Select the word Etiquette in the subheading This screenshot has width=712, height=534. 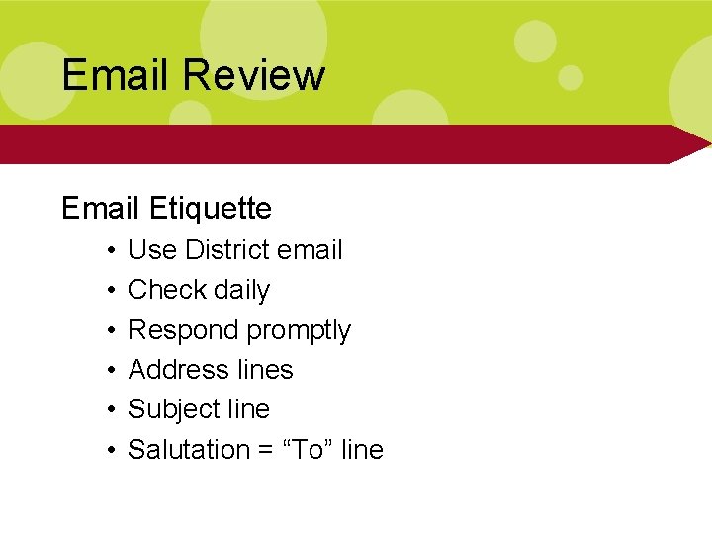[211, 208]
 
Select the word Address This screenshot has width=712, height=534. [179, 370]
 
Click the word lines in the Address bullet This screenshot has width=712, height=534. [266, 370]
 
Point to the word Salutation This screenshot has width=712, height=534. [189, 449]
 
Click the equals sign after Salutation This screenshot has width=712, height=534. [264, 450]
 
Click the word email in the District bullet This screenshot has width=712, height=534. [310, 250]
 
